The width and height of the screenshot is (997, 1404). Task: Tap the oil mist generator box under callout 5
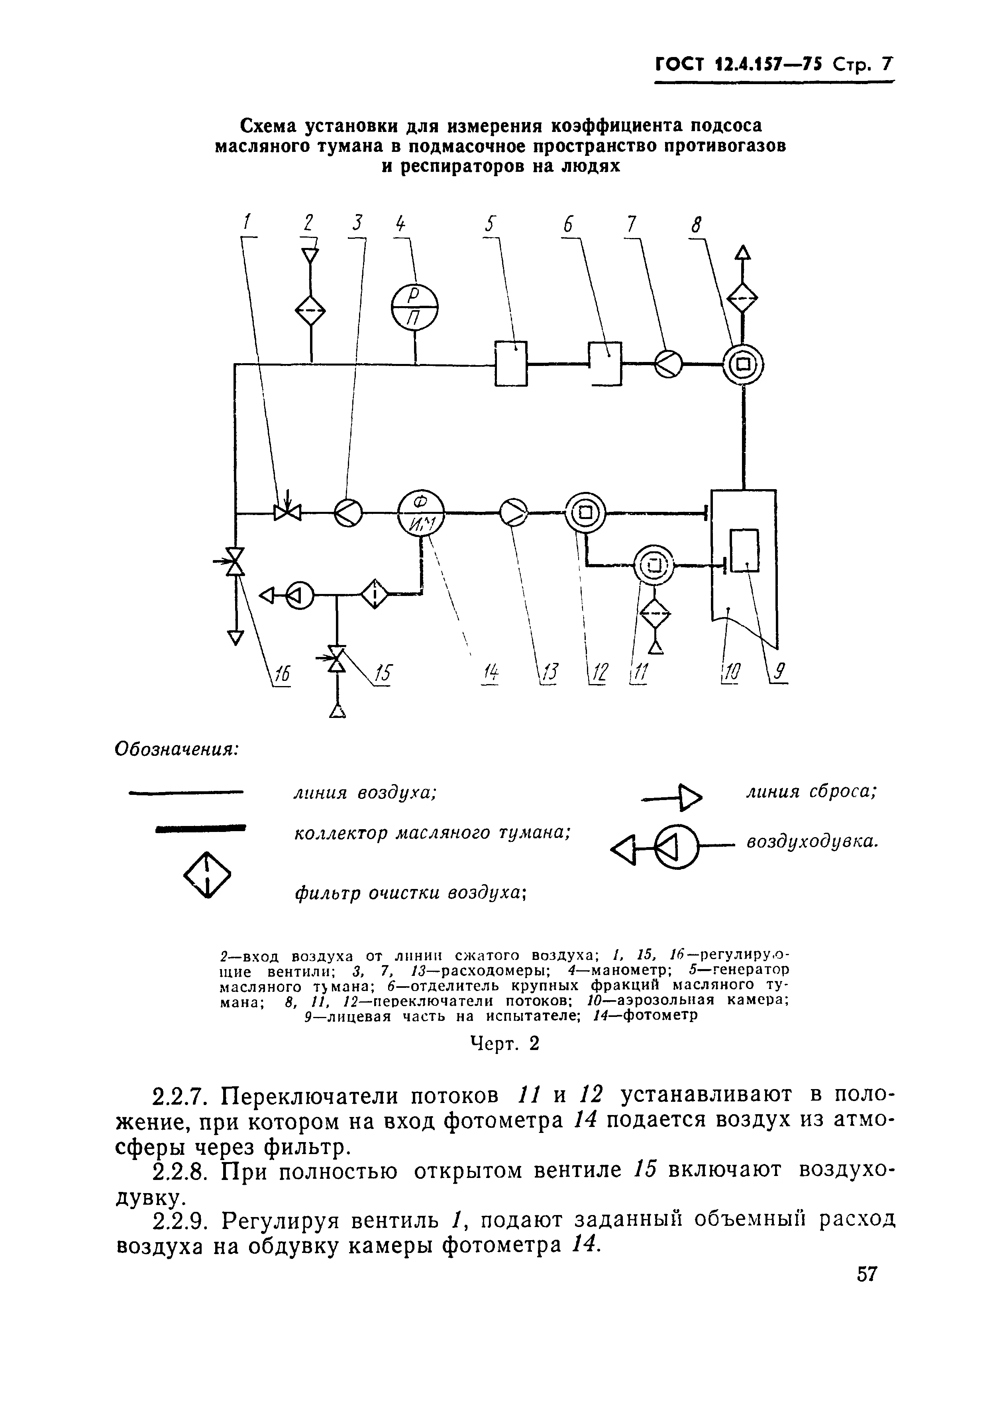click(511, 364)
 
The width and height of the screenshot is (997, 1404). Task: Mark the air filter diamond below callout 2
click(311, 311)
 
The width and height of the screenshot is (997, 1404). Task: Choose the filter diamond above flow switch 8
click(743, 300)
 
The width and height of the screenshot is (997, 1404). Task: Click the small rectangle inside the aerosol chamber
click(745, 550)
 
